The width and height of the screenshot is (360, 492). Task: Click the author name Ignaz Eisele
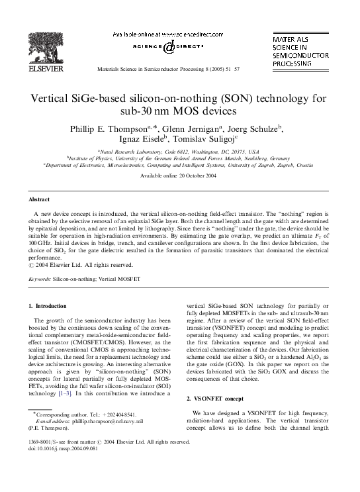coord(144,140)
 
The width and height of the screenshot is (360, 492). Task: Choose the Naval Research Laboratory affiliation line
coord(179,151)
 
